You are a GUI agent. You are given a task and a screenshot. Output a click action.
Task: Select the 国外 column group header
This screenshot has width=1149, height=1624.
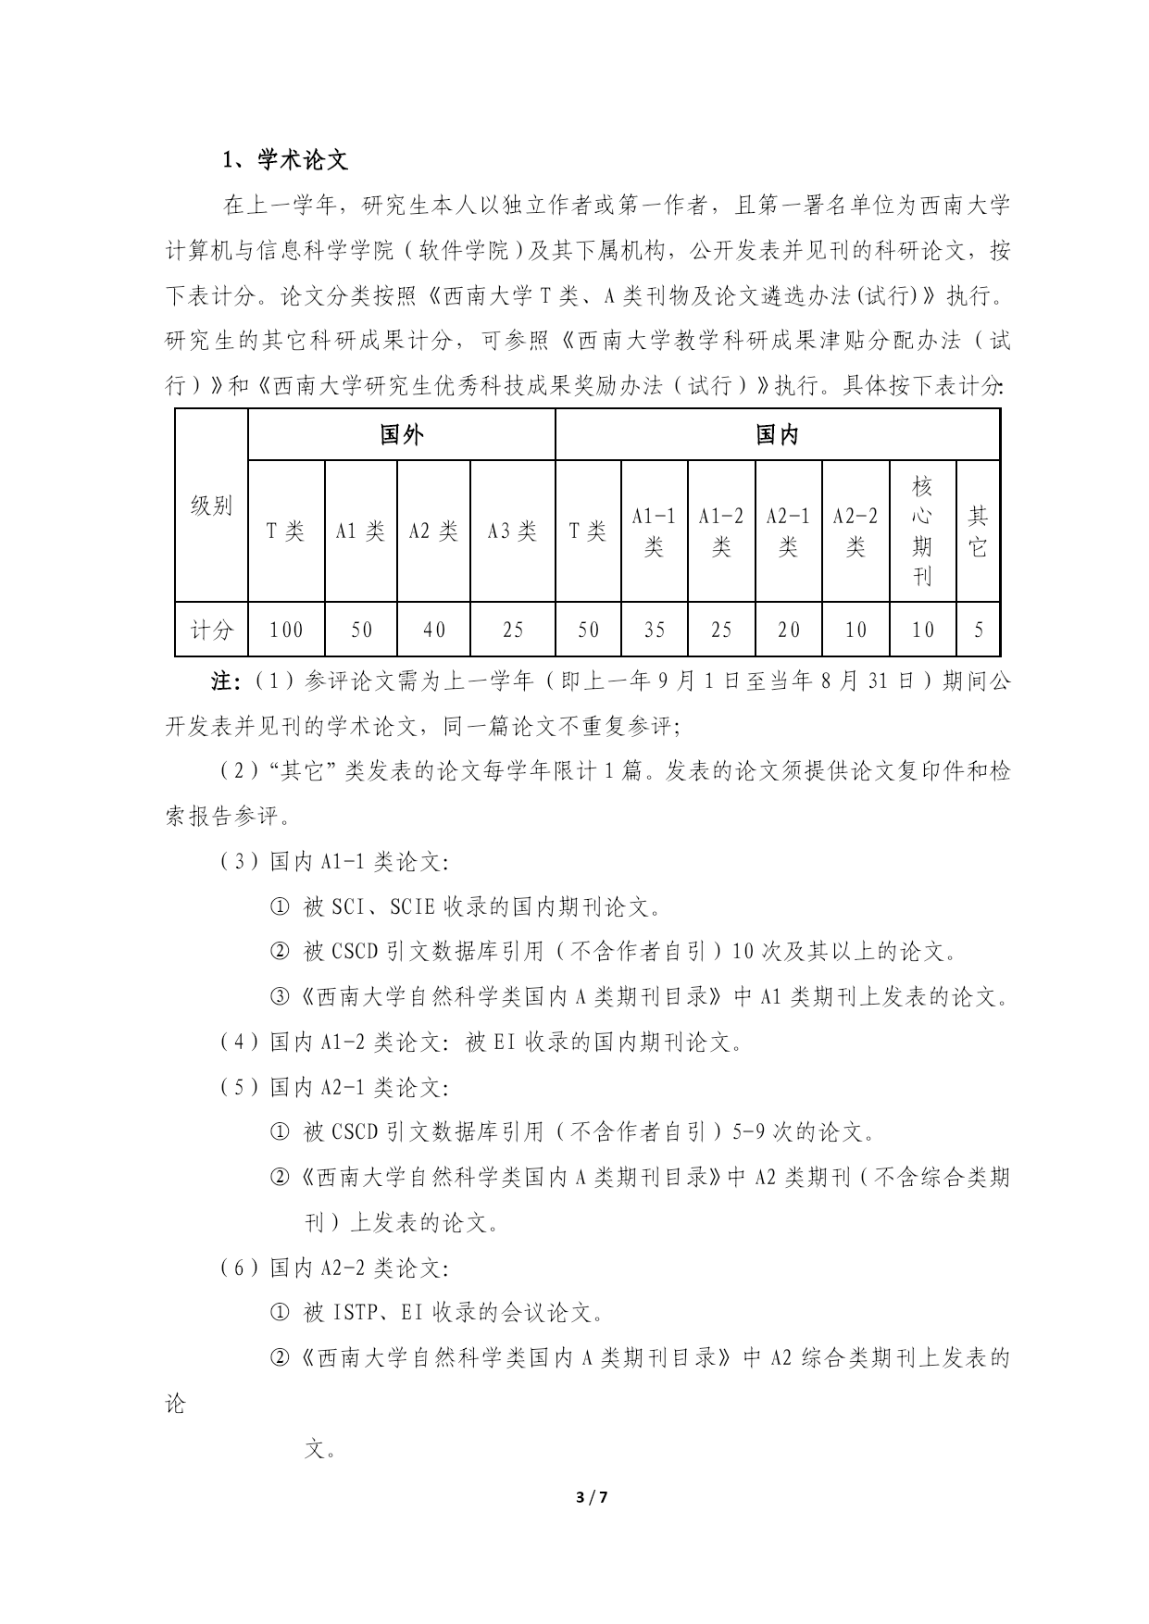tap(401, 434)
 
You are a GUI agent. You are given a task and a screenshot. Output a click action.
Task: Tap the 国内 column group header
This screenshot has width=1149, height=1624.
tap(777, 434)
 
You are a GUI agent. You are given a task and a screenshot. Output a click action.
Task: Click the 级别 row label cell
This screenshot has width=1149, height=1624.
tap(211, 506)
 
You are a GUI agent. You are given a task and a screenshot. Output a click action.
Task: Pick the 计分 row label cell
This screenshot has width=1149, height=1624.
tap(211, 630)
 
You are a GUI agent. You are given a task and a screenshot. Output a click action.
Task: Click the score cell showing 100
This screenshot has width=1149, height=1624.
tap(286, 630)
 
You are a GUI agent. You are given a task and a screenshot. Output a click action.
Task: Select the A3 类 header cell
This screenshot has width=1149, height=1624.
tap(512, 531)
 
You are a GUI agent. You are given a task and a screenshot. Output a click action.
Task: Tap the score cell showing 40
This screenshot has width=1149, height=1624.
tap(433, 630)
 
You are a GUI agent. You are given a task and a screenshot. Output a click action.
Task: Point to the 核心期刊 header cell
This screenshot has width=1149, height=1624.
tap(922, 531)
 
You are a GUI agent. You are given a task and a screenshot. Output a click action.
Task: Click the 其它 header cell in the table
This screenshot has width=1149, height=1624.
tap(978, 531)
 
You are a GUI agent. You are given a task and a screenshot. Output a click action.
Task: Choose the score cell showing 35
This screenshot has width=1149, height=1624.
tap(654, 630)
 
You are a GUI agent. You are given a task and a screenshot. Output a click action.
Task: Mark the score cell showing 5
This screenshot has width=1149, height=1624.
tap(979, 630)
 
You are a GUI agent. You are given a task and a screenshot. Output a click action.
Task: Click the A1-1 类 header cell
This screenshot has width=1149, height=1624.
tap(654, 531)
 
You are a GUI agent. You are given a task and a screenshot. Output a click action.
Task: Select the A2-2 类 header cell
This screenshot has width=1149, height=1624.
tap(856, 531)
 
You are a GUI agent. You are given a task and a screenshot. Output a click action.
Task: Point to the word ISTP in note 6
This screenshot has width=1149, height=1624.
tap(353, 1312)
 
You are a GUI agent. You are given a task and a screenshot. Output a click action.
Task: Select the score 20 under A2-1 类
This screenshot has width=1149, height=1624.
tap(789, 630)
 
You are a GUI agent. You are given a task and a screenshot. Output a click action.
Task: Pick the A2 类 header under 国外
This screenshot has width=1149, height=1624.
tap(433, 531)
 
